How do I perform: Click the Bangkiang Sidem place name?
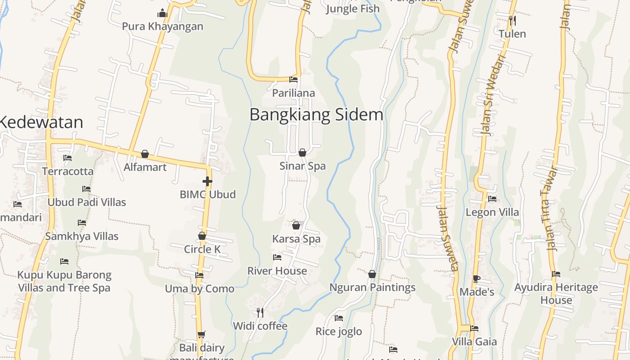316,115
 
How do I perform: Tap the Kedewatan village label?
41,122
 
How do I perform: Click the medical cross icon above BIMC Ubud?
207,181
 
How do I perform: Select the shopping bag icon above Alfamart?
145,154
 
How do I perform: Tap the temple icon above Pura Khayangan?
162,13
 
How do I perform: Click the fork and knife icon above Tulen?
512,20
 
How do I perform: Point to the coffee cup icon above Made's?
477,279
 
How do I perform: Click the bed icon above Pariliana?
293,80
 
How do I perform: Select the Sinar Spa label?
302,166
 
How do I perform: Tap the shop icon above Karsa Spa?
296,225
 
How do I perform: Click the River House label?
277,271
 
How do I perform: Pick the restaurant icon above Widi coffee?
260,312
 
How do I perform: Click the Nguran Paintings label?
372,288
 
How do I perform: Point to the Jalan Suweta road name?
448,238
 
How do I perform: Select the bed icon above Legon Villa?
492,199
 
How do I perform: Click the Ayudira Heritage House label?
556,293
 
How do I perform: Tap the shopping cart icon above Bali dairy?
201,334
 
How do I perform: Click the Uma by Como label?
199,289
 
